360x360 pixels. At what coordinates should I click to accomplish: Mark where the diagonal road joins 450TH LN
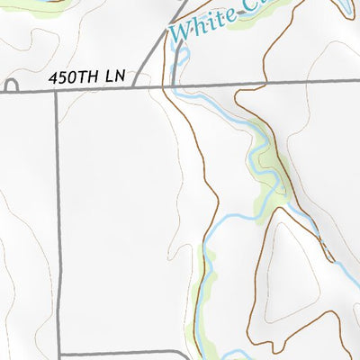coord(134,87)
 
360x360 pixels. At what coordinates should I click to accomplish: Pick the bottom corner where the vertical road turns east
coord(59,354)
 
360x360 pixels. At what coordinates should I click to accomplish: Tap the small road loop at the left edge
coord(11,88)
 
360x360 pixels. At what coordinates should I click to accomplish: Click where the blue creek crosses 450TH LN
coord(174,86)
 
